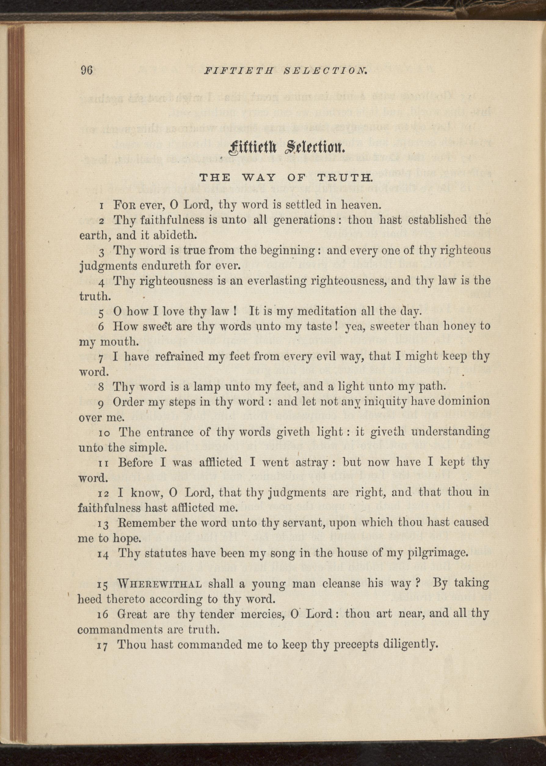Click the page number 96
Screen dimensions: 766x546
tap(86, 71)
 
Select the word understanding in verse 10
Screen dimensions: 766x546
tap(446, 432)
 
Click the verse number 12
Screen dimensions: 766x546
tap(103, 494)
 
